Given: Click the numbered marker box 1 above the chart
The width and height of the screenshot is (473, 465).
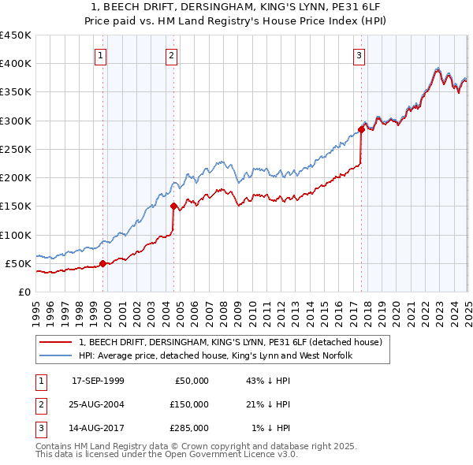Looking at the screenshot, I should [102, 55].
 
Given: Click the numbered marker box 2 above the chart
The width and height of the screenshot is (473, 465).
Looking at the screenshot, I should [171, 55].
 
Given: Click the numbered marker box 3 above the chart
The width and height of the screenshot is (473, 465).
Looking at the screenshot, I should [359, 55].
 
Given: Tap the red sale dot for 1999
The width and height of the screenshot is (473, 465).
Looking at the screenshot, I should [102, 263].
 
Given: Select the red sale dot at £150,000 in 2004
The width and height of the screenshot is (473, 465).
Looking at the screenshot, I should [173, 206].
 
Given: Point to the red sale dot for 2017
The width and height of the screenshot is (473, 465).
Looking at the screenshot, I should [361, 129].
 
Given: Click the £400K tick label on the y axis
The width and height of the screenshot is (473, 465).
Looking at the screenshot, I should [16, 64].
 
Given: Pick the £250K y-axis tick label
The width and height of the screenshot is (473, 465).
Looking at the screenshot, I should [16, 149].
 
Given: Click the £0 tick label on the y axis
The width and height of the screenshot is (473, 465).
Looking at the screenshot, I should [24, 292].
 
